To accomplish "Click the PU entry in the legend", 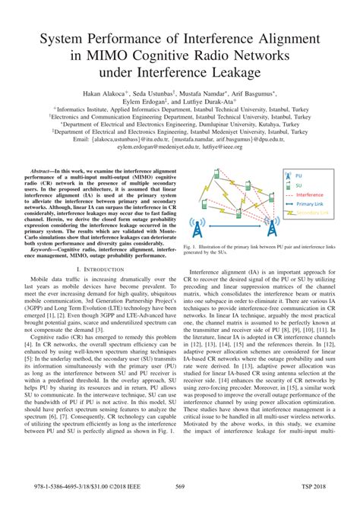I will (x=307, y=174).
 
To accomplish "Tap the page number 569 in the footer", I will (x=180, y=486).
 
